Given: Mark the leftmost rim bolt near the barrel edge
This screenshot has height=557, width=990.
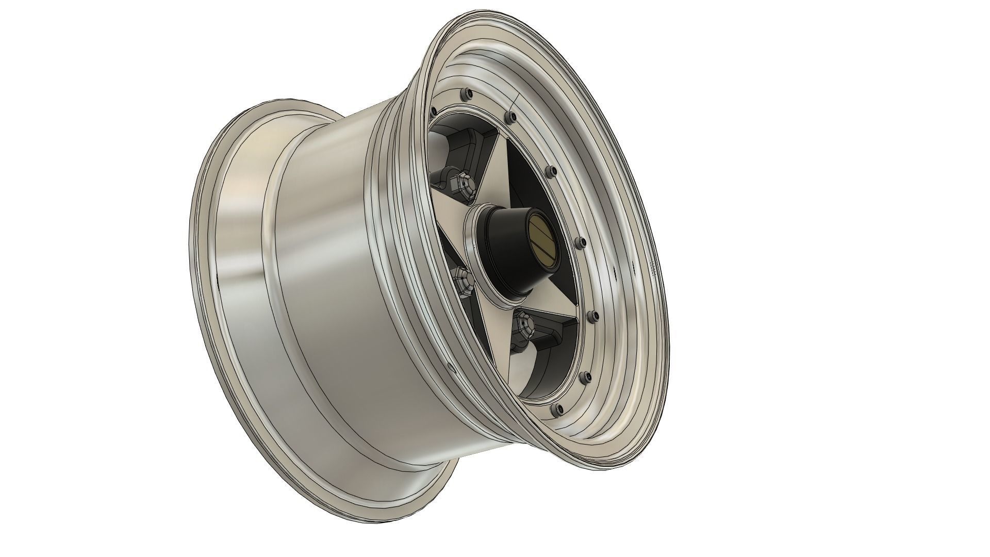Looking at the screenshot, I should pos(433,110).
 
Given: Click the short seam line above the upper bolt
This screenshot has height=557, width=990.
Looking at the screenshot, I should pos(516,101).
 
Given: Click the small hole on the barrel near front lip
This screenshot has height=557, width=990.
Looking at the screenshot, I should pos(450,368).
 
